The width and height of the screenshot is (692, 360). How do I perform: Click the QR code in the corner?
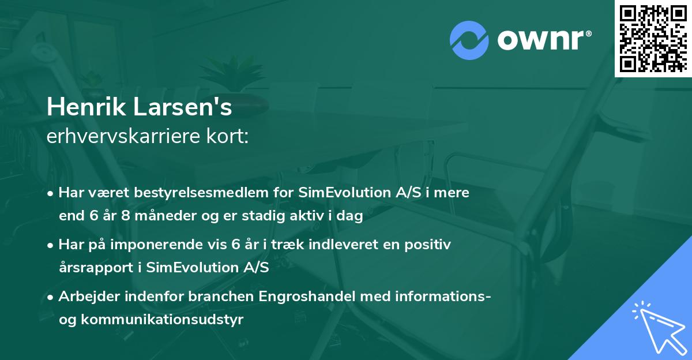tap(653, 38)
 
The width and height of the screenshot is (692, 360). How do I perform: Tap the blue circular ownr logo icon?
tap(469, 39)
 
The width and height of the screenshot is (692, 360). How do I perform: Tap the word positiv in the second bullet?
tap(427, 245)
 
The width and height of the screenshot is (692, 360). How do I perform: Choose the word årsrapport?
tap(100, 268)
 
